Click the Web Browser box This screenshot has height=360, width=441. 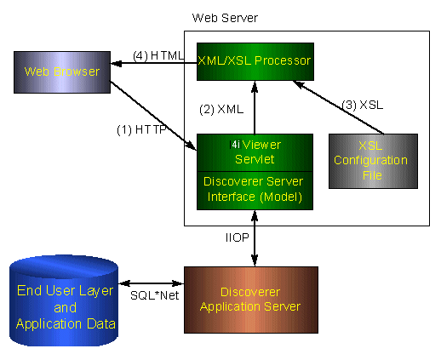[x=62, y=72]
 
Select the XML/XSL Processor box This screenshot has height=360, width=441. [x=255, y=61]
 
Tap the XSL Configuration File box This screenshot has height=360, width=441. [x=373, y=161]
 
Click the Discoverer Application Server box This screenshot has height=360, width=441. [x=251, y=300]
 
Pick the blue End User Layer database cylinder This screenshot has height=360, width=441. [x=64, y=300]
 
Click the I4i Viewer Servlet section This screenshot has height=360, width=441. [x=255, y=152]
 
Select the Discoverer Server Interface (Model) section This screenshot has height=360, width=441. [x=255, y=191]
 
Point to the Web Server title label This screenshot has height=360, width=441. [x=225, y=18]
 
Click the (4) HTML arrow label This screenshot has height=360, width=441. [x=158, y=55]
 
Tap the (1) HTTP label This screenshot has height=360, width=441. [x=141, y=130]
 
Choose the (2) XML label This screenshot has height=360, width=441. [x=221, y=109]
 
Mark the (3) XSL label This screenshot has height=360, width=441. [x=363, y=105]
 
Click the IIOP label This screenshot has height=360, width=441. [x=238, y=237]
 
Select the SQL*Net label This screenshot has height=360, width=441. [x=155, y=295]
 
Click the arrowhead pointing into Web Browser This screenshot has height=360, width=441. [x=117, y=63]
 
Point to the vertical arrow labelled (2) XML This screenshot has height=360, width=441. [x=255, y=107]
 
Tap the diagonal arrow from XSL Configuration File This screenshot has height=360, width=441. [x=339, y=107]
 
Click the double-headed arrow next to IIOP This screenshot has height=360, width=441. [x=255, y=238]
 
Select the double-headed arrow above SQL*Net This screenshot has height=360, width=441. [x=152, y=283]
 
